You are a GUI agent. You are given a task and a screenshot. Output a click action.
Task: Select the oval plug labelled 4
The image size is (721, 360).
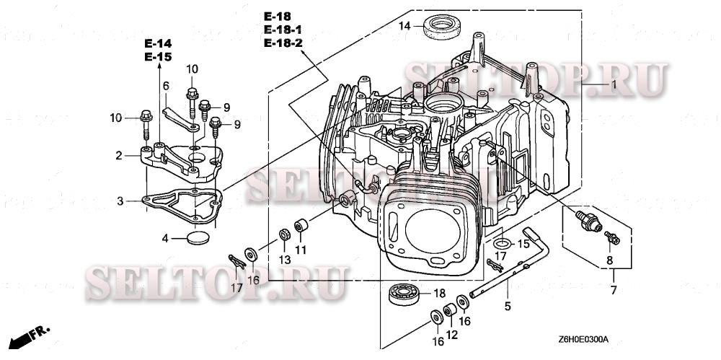[198, 237]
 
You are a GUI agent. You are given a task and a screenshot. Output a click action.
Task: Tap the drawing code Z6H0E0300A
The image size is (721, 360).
[583, 339]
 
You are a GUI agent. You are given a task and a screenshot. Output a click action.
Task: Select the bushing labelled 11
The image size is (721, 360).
[301, 225]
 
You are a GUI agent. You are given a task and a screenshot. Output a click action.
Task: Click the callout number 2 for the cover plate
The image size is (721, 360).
[119, 154]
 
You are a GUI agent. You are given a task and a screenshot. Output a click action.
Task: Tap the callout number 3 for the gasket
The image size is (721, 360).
[121, 201]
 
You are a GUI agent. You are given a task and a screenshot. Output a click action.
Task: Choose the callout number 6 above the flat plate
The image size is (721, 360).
[165, 86]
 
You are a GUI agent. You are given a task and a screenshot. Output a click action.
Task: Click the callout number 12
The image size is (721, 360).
[451, 335]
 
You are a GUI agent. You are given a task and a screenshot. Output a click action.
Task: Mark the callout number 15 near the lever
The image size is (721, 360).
[523, 244]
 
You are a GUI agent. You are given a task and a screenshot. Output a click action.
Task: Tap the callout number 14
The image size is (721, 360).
[405, 25]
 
